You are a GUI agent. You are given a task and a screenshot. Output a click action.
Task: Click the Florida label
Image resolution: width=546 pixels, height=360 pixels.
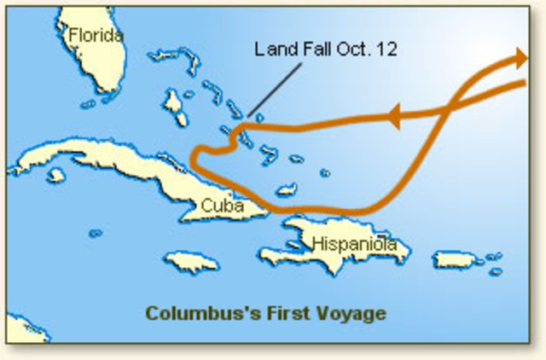(x=96, y=36)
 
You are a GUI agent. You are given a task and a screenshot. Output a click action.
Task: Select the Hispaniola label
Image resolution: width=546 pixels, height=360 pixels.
(x=353, y=244)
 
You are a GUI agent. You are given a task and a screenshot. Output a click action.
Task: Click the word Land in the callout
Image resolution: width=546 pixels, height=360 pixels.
(x=273, y=49)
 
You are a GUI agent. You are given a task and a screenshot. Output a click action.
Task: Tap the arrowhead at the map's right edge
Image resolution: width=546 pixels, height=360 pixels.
(x=522, y=59)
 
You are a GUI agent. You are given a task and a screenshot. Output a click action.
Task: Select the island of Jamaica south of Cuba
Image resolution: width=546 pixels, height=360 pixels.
(x=191, y=259)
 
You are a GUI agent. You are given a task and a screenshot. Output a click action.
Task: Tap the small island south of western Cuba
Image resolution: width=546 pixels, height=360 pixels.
(x=56, y=175)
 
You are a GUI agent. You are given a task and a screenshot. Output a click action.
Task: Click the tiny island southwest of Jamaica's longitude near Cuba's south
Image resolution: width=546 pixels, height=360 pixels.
(x=95, y=233)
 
